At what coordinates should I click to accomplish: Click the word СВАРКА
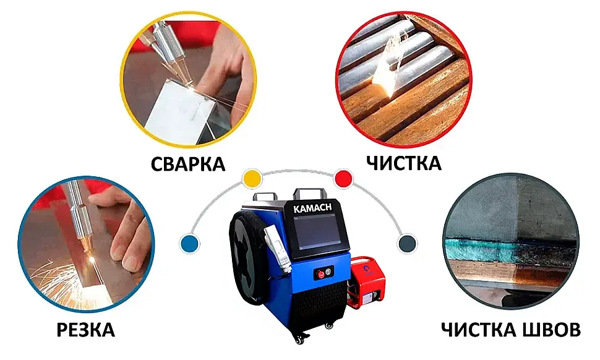[188, 164]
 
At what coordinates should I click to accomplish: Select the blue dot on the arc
[189, 243]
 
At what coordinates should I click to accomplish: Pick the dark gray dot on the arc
[406, 242]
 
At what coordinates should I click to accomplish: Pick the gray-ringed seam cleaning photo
[511, 244]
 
